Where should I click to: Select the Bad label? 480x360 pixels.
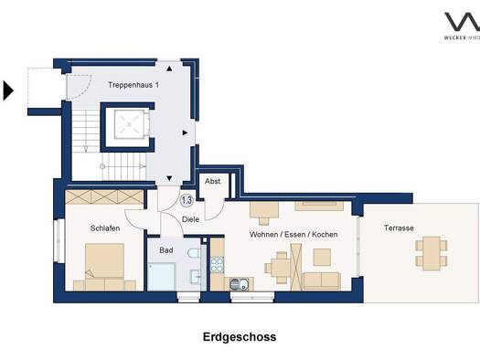165,249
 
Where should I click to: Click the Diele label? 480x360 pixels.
190,219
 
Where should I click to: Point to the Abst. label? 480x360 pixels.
212,181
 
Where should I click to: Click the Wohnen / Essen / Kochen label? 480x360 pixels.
293,235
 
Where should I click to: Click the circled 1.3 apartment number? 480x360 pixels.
186,200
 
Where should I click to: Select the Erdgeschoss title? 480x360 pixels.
239,336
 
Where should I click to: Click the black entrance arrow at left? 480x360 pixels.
8,90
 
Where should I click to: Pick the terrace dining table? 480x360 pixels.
429,252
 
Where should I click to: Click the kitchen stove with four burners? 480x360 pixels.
219,265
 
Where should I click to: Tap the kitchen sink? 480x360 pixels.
240,283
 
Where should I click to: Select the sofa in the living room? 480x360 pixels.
323,281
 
